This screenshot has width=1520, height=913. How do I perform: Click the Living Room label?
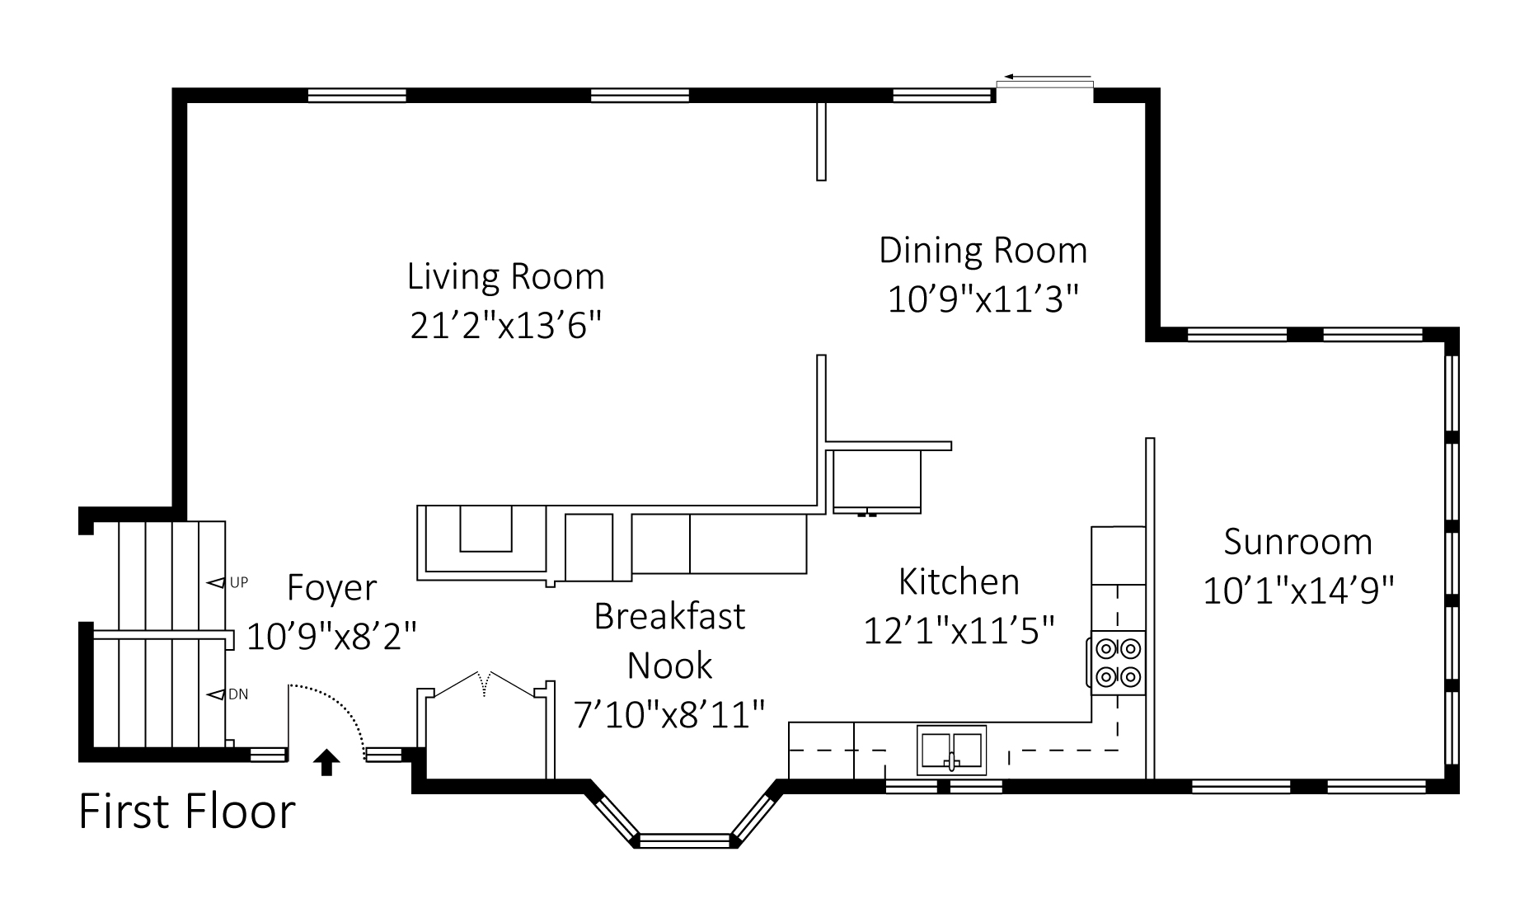tap(506, 276)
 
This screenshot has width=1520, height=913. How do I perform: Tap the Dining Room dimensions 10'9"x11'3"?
tap(983, 300)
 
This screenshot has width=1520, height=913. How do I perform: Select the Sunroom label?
tap(1298, 542)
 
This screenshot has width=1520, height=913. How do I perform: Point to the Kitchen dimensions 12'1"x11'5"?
tap(959, 632)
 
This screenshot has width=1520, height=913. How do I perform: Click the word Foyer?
tap(332, 588)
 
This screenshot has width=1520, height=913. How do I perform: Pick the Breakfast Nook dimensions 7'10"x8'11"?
tap(670, 714)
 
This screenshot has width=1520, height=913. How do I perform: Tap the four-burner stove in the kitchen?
tap(1118, 663)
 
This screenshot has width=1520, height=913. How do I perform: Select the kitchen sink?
tap(952, 750)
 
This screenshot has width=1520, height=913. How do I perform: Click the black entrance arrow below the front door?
tap(327, 763)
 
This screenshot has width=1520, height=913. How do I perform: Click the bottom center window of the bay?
tap(686, 840)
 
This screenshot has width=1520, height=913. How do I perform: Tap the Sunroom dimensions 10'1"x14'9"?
tap(1298, 591)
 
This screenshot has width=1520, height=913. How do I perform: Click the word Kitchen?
tap(959, 582)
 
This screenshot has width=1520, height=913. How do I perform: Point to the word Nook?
tap(670, 666)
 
